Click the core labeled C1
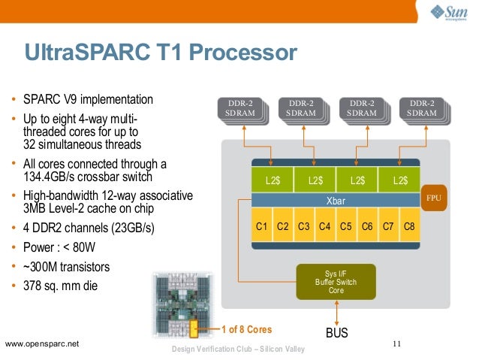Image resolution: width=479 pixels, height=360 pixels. click(x=262, y=226)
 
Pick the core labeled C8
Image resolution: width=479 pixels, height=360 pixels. click(x=409, y=226)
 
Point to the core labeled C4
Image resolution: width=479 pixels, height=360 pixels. click(x=325, y=226)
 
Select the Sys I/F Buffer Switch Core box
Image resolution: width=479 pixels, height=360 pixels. click(x=336, y=283)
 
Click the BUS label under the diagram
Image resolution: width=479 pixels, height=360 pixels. click(x=336, y=331)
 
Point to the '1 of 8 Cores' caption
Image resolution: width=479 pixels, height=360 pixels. click(x=246, y=329)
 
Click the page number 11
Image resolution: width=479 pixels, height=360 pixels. click(x=397, y=343)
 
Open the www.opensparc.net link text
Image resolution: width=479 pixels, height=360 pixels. click(x=42, y=344)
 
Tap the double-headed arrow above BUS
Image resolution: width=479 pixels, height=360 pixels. click(x=336, y=311)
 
